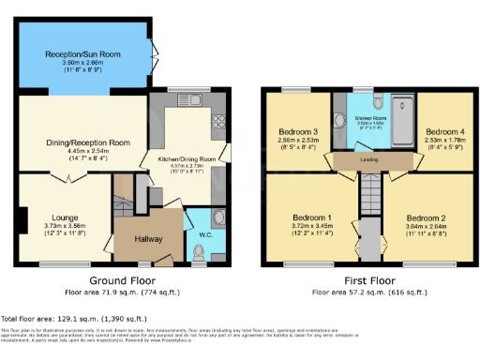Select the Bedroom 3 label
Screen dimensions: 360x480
coord(296,131)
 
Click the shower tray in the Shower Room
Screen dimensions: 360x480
coord(400,117)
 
